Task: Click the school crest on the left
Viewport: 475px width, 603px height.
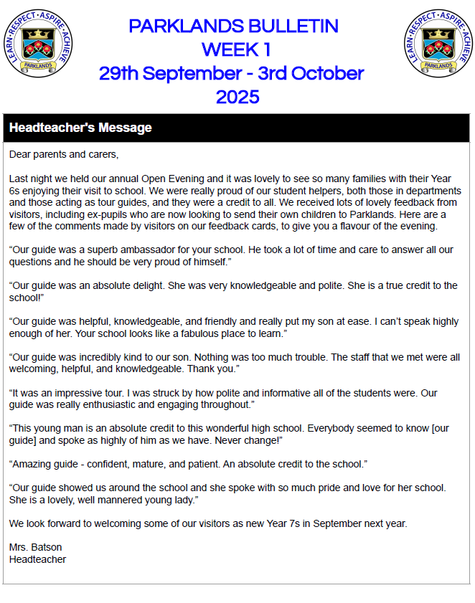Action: [38, 42]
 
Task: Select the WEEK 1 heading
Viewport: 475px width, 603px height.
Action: [235, 50]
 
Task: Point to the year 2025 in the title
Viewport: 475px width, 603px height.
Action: [237, 97]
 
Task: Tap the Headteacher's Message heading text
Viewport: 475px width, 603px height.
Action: [80, 128]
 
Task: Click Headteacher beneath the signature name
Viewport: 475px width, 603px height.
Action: [37, 559]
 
